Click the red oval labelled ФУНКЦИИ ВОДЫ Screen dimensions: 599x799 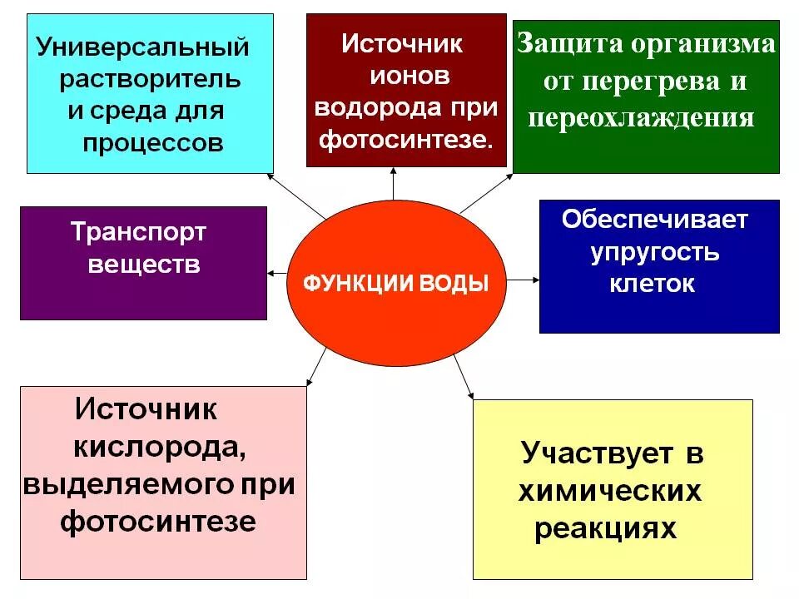(395, 283)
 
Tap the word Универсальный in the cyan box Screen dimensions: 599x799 (142, 47)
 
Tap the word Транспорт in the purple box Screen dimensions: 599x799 (137, 232)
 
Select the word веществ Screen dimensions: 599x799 (143, 265)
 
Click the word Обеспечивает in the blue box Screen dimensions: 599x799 (655, 220)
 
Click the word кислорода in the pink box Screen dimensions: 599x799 (159, 447)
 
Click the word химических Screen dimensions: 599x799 (609, 492)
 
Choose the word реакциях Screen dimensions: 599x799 (605, 529)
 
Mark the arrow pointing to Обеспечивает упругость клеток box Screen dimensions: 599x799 (523, 280)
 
